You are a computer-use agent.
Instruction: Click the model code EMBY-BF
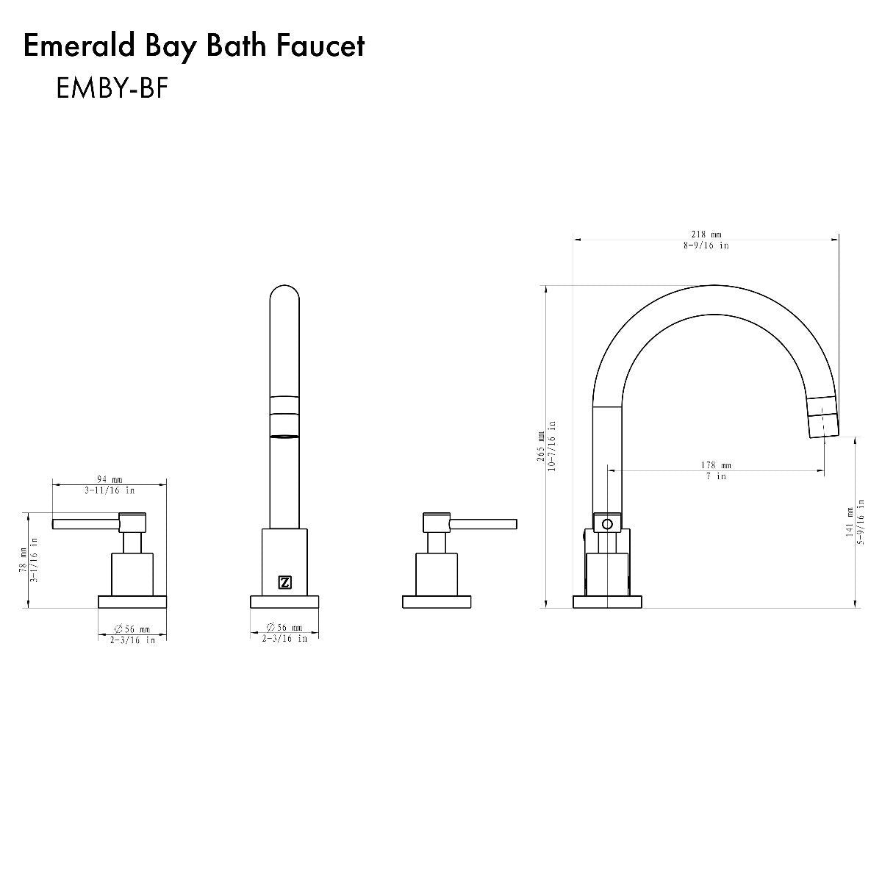112,87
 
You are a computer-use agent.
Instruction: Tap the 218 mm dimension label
706,234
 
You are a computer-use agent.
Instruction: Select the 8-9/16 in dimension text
706,245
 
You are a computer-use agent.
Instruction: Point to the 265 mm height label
541,446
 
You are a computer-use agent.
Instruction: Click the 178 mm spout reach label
717,465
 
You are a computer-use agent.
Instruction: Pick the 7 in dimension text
717,476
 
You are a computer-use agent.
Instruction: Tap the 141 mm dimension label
850,523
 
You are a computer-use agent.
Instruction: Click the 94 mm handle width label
110,479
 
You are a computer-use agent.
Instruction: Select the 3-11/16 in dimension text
110,491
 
